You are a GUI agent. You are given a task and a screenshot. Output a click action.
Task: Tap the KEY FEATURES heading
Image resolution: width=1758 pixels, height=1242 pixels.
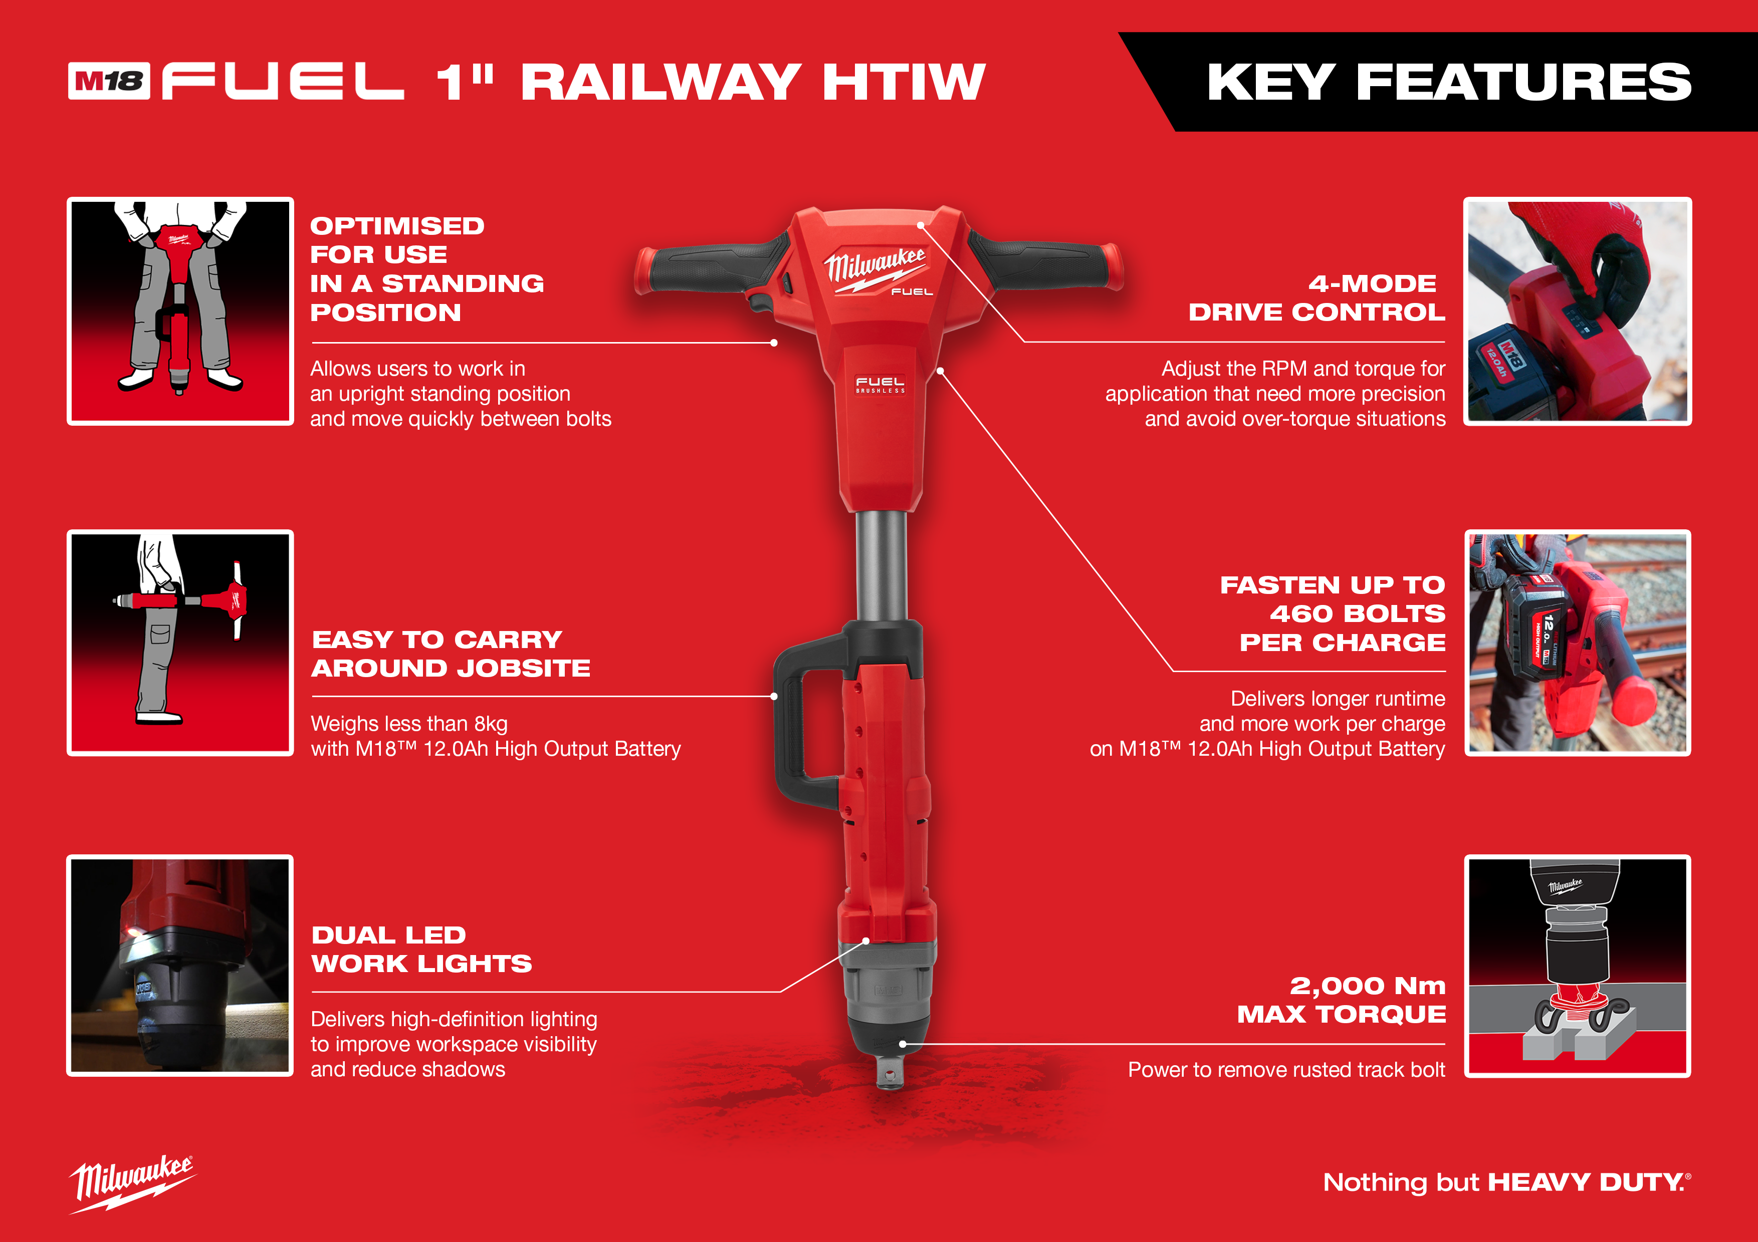click(1449, 82)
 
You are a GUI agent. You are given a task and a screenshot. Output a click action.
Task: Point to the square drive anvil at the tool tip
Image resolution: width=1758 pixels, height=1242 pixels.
click(889, 1070)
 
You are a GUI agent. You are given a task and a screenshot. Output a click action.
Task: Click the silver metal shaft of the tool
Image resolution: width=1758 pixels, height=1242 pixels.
click(882, 566)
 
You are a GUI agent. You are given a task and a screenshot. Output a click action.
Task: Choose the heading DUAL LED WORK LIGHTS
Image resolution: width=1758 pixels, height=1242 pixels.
click(421, 949)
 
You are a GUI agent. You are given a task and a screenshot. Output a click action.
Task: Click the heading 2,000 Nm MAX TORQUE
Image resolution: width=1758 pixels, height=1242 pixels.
click(1342, 1000)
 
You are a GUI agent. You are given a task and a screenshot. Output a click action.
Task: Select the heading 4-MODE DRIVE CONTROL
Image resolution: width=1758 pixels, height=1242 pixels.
click(1317, 297)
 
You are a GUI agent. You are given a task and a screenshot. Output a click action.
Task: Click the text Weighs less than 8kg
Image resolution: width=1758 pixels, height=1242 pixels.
click(409, 724)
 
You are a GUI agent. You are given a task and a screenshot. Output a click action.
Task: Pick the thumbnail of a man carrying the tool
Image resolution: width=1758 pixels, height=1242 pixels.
click(180, 643)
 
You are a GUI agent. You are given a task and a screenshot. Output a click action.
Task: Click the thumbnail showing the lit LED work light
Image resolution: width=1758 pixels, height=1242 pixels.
click(180, 966)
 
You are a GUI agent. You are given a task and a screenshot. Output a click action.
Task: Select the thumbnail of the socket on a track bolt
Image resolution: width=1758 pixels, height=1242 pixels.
click(1577, 966)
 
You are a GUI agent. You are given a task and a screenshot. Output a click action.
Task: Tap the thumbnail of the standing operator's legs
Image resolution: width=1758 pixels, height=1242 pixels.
click(180, 310)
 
